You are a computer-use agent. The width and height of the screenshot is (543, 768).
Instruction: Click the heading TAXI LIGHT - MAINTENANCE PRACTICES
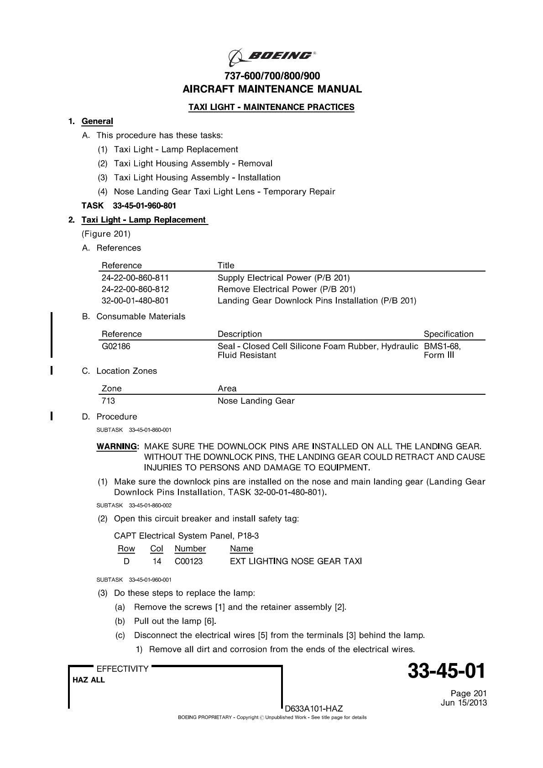pyautogui.click(x=271, y=107)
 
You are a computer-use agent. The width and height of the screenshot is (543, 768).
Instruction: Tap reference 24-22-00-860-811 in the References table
pyautogui.click(x=135, y=277)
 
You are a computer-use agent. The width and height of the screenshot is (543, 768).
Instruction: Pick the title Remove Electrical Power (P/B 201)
pyautogui.click(x=286, y=289)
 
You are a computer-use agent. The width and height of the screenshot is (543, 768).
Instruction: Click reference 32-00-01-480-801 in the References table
pyautogui.click(x=135, y=301)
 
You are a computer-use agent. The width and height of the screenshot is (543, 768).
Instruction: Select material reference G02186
pyautogui.click(x=116, y=346)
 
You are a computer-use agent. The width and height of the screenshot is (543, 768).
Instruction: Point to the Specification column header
pyautogui.click(x=448, y=334)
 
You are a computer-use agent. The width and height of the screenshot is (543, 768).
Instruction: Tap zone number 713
pyautogui.click(x=108, y=401)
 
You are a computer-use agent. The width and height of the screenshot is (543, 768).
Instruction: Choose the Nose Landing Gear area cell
pyautogui.click(x=256, y=401)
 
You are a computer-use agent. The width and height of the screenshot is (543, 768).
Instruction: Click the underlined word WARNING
pyautogui.click(x=117, y=446)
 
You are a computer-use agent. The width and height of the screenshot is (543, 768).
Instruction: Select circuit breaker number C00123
pyautogui.click(x=188, y=561)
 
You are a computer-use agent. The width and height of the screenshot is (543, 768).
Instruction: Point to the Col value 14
pyautogui.click(x=157, y=561)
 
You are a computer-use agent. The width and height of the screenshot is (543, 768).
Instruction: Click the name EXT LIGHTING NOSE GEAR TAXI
pyautogui.click(x=296, y=561)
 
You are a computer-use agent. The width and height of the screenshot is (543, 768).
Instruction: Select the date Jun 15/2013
pyautogui.click(x=464, y=703)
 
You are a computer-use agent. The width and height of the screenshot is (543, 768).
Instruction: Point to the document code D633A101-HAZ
pyautogui.click(x=313, y=709)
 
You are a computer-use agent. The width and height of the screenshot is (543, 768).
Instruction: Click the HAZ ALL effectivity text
pyautogui.click(x=89, y=680)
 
